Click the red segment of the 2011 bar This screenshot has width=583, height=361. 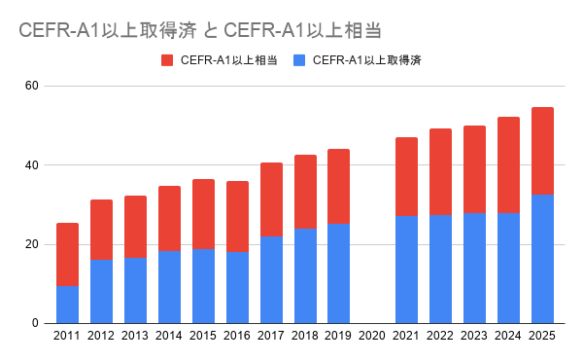point(67,255)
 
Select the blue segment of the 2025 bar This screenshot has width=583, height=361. point(542,259)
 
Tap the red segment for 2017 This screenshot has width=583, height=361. point(271,199)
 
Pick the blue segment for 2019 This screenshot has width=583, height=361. point(339,273)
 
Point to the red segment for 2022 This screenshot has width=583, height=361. point(440,172)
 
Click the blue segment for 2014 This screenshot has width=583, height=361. point(169,287)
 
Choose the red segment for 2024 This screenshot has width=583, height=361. point(508,165)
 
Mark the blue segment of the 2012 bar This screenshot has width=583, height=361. point(101,291)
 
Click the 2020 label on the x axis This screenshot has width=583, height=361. point(372,336)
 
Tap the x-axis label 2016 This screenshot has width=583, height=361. point(237,336)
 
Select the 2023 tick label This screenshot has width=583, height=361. point(474,336)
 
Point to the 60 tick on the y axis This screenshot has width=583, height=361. point(32,86)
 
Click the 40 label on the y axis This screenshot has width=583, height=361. point(32,164)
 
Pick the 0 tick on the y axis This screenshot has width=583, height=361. point(35,323)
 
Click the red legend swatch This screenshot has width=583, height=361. point(167,60)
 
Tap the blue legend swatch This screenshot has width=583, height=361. point(299,60)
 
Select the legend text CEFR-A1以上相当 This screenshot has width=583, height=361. point(228,60)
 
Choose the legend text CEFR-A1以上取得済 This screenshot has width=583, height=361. point(367,60)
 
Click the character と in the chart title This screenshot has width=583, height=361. point(211,30)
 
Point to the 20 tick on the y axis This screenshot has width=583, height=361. point(32,244)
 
